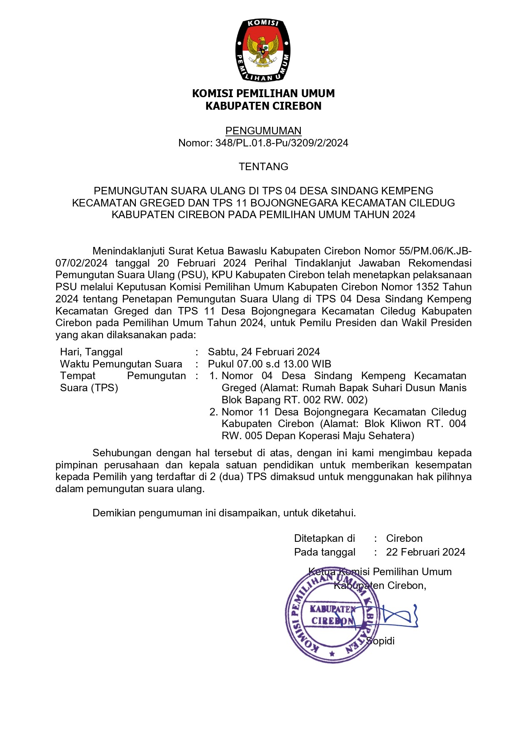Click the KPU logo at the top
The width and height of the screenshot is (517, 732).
pos(263,50)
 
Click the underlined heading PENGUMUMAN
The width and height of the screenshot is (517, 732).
pos(263,131)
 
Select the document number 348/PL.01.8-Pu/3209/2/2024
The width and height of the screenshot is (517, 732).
pos(282,143)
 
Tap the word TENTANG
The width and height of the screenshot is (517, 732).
pos(263,167)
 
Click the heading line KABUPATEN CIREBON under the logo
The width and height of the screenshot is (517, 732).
pos(263,106)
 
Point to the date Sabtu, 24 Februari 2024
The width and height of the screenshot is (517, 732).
pos(264,352)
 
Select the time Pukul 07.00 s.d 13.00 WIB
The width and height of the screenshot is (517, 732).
pos(270,364)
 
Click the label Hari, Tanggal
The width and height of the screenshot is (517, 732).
pos(91,352)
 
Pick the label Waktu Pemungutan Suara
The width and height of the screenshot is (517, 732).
pos(121,364)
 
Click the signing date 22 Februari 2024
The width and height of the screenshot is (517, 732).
pos(425,552)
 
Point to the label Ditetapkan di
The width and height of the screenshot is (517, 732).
pos(325,538)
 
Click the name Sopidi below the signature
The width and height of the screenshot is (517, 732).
pos(380,641)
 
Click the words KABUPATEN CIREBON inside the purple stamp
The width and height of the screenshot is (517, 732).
pos(332,615)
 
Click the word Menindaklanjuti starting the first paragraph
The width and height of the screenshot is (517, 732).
pos(129,251)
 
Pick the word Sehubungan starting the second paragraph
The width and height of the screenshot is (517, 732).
pos(121,453)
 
